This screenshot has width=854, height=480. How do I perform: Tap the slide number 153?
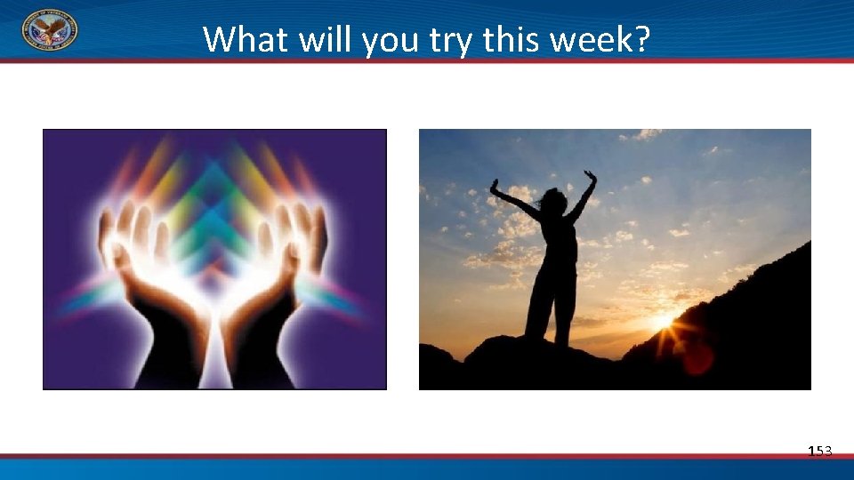pos(819,452)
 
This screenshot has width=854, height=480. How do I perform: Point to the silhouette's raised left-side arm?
pos(513,198)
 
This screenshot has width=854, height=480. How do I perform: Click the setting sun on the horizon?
pos(665,321)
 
